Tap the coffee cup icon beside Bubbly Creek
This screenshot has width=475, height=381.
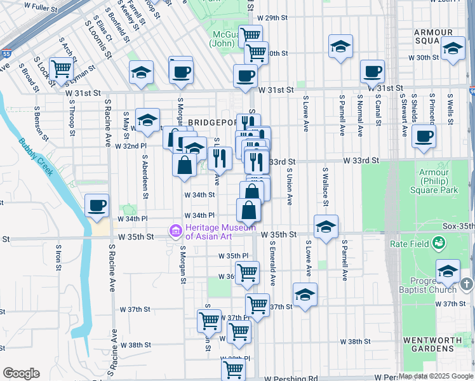pyautogui.click(x=97, y=204)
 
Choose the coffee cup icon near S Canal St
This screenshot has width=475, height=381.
pyautogui.click(x=371, y=71)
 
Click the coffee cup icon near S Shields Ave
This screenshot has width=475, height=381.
pyautogui.click(x=423, y=135)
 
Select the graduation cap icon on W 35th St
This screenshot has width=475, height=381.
pyautogui.click(x=326, y=226)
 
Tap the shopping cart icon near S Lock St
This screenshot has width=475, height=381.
pyautogui.click(x=62, y=68)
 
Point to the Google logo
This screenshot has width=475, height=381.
pyautogui.click(x=21, y=373)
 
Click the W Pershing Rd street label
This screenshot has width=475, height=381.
pyautogui.click(x=291, y=378)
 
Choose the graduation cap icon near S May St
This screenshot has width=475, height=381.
pyautogui.click(x=147, y=119)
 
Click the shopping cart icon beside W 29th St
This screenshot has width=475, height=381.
pyautogui.click(x=250, y=36)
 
